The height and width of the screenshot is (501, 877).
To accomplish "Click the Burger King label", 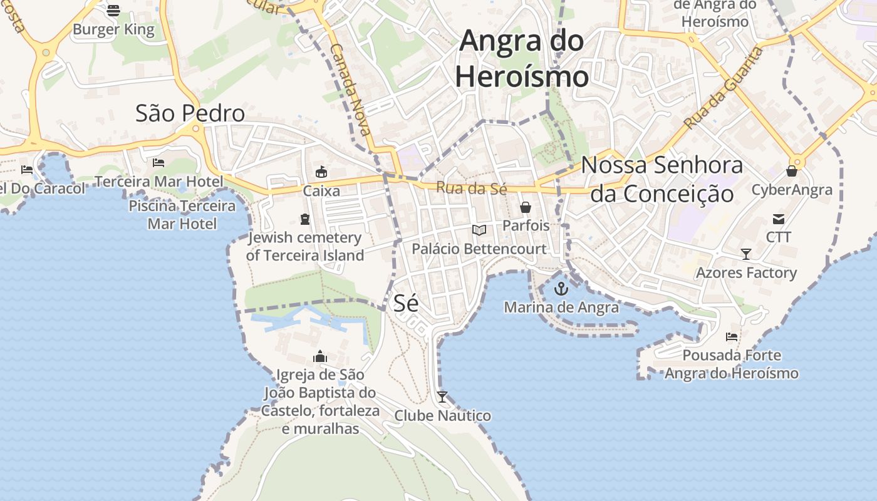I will point(113,29).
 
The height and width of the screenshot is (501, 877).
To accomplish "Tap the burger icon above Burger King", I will point(113,10).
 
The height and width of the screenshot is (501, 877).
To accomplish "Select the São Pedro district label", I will point(190,113).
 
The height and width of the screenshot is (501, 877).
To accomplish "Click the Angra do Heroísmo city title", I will point(522,59).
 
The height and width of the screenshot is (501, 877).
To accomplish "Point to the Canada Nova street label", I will point(351,89).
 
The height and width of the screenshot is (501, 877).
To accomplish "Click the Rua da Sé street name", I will point(471,187).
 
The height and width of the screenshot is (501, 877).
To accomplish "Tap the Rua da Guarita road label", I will point(724,88).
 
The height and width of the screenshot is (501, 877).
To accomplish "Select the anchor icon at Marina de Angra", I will point(561,289).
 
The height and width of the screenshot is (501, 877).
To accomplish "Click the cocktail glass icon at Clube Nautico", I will point(442,396).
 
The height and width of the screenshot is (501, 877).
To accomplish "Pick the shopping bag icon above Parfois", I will point(526,207).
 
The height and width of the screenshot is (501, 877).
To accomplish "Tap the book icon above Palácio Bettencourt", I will point(479,230).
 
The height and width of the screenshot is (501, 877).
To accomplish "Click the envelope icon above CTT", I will point(779,219).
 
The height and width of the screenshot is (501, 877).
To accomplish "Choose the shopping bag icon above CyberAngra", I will point(792,171).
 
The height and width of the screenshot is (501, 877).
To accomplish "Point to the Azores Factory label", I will point(746,272).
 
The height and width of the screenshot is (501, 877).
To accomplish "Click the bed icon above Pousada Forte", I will point(731,337).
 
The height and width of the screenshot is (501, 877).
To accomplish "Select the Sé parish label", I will point(405,303).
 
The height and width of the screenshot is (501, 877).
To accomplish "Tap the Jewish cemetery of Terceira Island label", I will point(304,246).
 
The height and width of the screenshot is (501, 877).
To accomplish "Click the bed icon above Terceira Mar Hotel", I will point(158,163).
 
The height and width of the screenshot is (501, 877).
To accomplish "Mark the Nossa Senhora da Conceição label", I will point(662,179).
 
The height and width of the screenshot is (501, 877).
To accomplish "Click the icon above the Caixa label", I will point(321,172).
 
